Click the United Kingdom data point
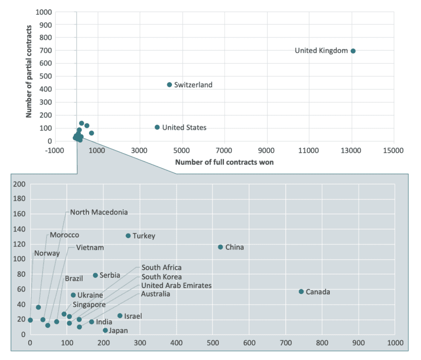353,51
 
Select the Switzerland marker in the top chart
169,85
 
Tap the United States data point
158,127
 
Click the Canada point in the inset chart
301,292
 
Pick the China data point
220,247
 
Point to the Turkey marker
128,236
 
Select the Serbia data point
95,275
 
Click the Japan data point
105,330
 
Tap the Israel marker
120,316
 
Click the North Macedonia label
99,212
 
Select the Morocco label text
64,235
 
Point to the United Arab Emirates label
176,286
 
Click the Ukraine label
90,296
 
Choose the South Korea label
161,277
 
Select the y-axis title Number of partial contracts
29,76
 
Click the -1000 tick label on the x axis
55,150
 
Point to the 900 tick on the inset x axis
359,343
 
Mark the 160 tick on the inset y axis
19,214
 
